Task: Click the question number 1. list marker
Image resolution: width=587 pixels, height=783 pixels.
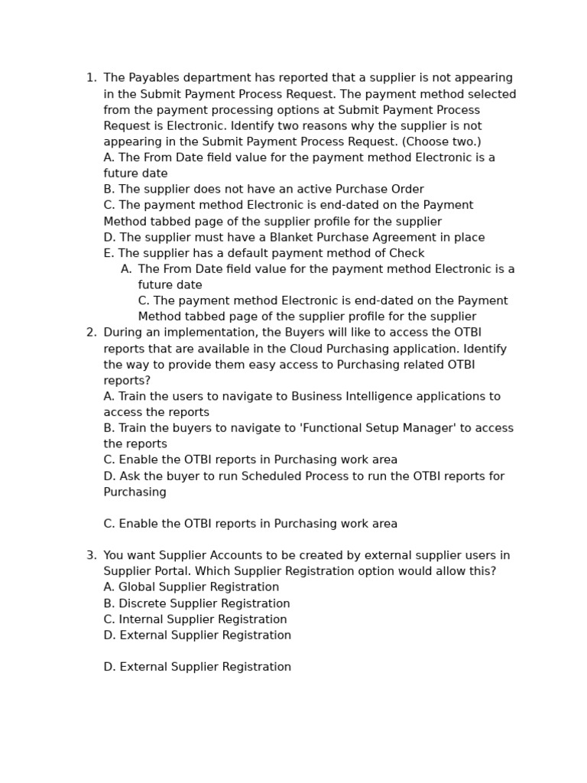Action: click(x=91, y=78)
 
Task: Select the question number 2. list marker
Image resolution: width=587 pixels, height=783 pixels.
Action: click(x=91, y=333)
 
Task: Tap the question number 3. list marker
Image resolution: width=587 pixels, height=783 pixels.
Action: click(x=91, y=555)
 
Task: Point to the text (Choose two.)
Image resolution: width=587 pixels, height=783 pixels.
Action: click(x=442, y=141)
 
